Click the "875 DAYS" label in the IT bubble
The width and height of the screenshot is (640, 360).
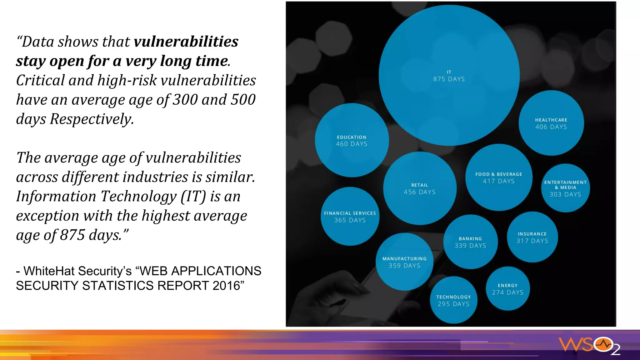click(x=449, y=79)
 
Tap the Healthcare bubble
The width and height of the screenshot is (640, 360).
click(x=551, y=123)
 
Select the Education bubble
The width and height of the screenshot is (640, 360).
click(x=352, y=140)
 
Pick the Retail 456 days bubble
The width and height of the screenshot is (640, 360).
click(x=419, y=188)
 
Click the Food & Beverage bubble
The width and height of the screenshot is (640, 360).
click(x=498, y=177)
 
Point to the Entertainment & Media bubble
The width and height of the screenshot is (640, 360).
click(x=565, y=188)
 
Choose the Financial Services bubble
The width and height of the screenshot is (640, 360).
click(x=350, y=217)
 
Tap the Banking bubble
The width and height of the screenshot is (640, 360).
click(x=470, y=242)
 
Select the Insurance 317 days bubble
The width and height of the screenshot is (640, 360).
click(x=532, y=237)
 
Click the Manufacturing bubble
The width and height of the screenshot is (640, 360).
click(x=404, y=262)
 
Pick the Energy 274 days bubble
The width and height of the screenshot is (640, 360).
click(x=507, y=289)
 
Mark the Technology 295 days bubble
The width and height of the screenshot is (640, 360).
click(x=453, y=300)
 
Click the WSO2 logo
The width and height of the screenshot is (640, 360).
click(x=589, y=346)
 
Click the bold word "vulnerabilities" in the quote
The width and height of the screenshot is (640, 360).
click(x=186, y=42)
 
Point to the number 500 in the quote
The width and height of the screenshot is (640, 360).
click(x=243, y=100)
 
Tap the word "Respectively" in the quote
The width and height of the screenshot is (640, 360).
click(x=92, y=119)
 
